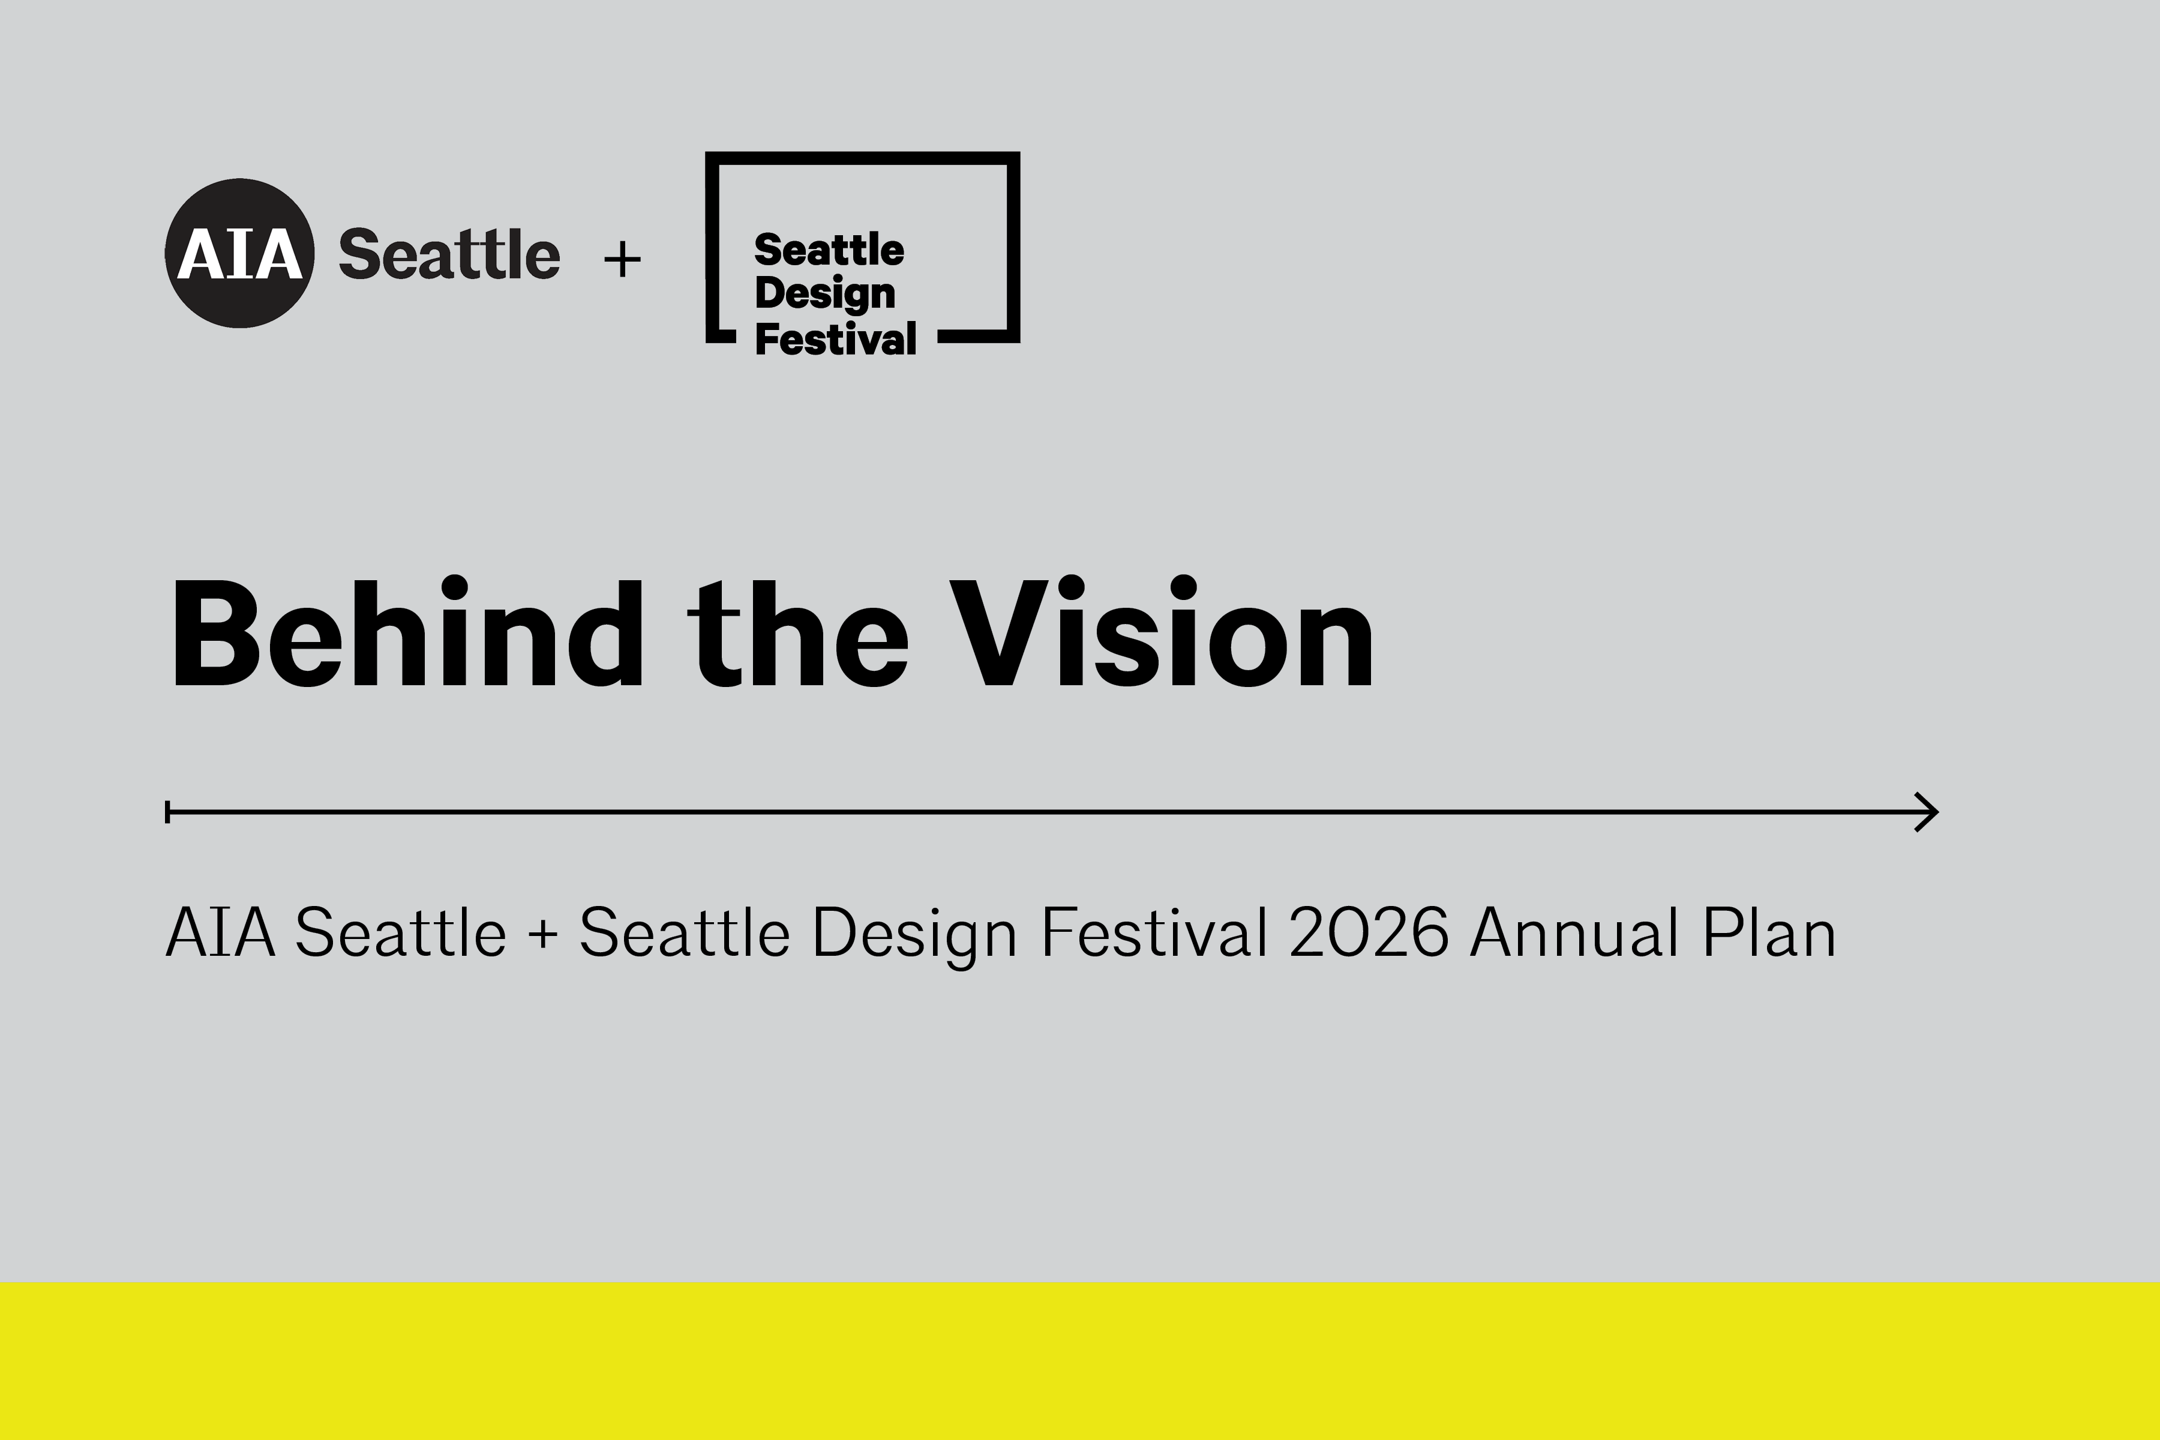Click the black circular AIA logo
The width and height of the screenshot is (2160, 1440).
pos(239,253)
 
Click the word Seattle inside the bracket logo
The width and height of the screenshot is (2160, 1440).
pos(829,250)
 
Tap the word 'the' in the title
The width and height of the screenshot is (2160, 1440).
pos(798,632)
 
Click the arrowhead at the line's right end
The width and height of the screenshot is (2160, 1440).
pos(1927,812)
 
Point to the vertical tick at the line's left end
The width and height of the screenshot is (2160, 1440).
pos(167,812)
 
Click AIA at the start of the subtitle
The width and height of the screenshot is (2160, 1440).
pos(220,932)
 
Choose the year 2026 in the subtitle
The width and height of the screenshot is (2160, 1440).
pos(1369,932)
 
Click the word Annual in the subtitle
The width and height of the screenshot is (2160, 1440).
pos(1574,932)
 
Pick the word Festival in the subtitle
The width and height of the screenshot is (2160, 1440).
pos(1154,932)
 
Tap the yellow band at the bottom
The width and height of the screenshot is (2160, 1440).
pos(1080,1361)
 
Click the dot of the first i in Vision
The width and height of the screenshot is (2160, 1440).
pos(1073,588)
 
